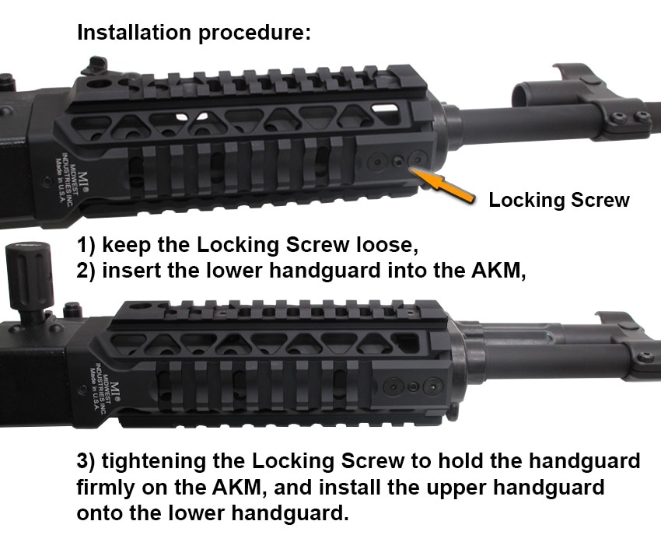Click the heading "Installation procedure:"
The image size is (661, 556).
tap(194, 33)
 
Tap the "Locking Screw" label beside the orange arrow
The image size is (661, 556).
tap(558, 200)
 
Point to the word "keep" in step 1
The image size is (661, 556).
tap(129, 245)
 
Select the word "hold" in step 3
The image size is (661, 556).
tap(454, 461)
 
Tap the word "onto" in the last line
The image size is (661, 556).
tap(101, 514)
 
